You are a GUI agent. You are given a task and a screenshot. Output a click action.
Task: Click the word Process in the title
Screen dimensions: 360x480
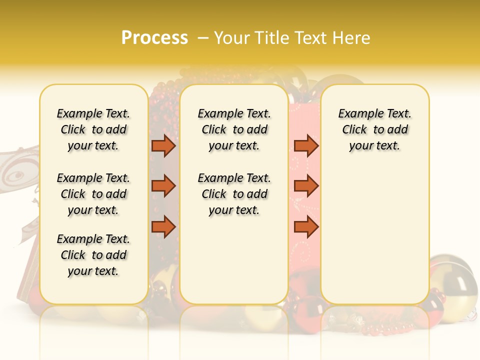point(154,37)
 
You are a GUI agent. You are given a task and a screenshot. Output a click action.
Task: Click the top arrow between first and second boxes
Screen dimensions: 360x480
point(163,146)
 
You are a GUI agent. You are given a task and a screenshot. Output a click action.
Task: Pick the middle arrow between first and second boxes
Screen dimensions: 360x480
point(163,186)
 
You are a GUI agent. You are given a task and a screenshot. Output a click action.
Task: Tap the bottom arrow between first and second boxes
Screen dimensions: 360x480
point(163,227)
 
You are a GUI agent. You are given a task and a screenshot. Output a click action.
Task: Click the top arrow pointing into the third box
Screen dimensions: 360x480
point(306,146)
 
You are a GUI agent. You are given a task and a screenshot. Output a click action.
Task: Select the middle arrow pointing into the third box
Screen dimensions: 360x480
point(306,186)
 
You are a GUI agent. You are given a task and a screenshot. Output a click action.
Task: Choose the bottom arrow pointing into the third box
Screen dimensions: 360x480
point(306,227)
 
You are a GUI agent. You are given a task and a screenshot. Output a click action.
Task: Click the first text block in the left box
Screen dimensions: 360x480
point(93,129)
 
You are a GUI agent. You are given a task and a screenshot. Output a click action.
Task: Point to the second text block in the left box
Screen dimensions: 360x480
point(93,194)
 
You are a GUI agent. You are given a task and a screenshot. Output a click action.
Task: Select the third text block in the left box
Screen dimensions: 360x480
point(93,255)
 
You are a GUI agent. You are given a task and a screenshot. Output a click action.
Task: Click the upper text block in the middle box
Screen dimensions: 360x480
point(234,129)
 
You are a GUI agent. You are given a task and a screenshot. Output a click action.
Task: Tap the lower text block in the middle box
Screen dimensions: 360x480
point(234,194)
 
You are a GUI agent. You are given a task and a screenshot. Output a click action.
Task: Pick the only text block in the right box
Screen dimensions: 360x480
point(374,129)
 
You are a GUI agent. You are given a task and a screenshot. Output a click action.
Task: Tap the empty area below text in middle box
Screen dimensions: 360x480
point(234,260)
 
